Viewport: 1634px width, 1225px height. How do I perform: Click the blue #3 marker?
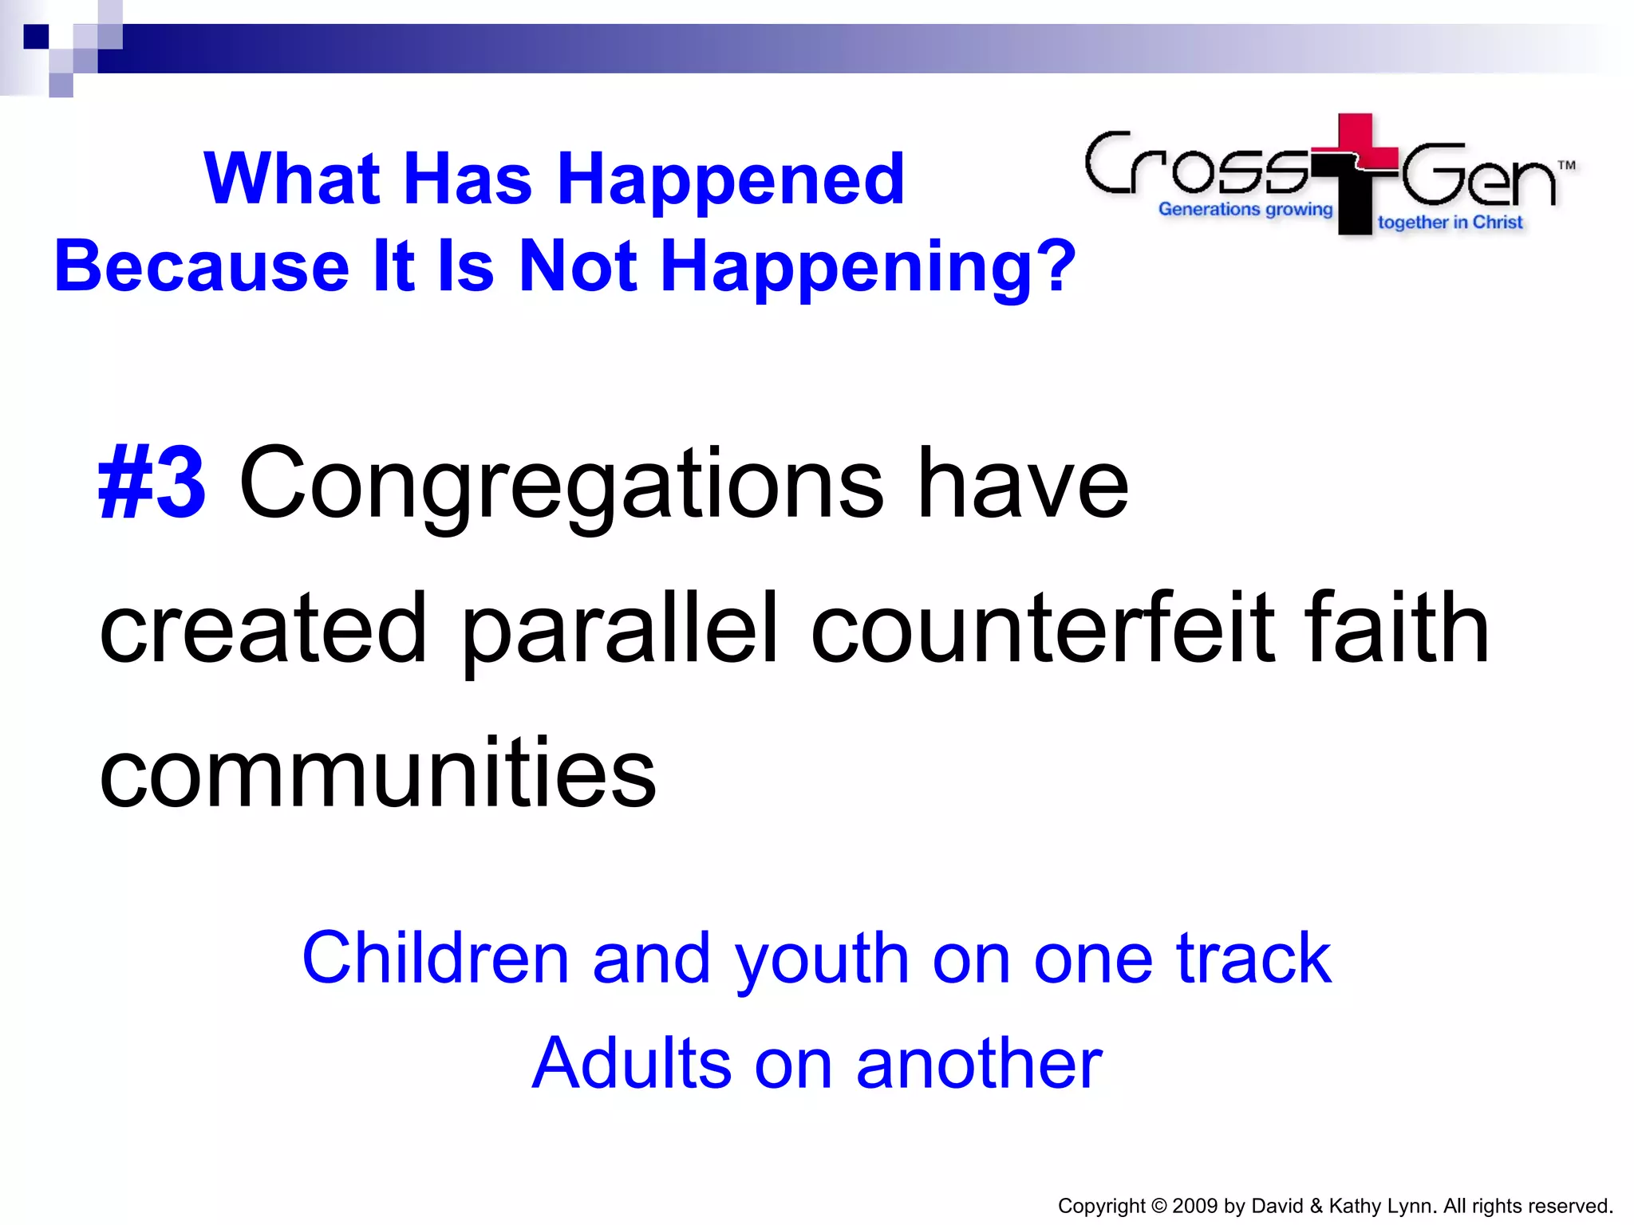(x=152, y=484)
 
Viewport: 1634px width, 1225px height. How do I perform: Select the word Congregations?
(x=561, y=484)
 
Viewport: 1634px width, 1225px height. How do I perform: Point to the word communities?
(x=377, y=772)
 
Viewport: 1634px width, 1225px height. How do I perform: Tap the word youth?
(x=822, y=959)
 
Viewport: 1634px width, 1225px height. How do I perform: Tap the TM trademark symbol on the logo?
(x=1566, y=166)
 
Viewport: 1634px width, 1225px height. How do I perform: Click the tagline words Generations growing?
(x=1245, y=209)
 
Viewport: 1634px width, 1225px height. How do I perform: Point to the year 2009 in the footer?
(x=1194, y=1206)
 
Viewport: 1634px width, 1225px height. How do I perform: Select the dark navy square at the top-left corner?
(x=36, y=37)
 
